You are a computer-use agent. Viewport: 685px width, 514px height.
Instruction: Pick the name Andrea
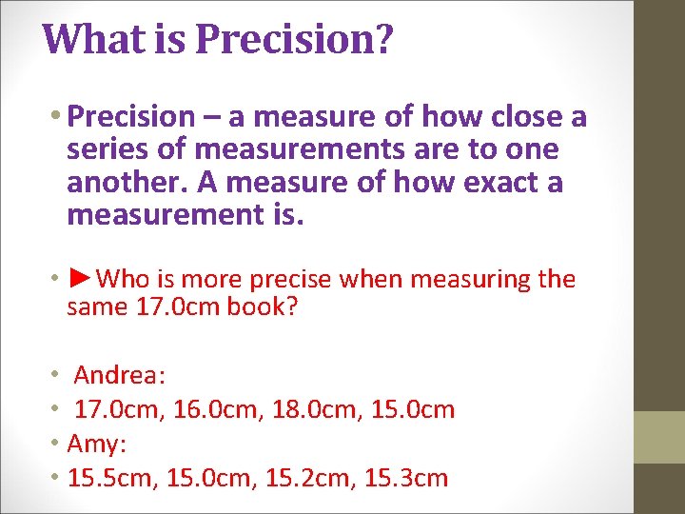[120, 375]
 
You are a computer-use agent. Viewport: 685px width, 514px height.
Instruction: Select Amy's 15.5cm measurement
[113, 478]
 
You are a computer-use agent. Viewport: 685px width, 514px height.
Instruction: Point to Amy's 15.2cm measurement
[306, 478]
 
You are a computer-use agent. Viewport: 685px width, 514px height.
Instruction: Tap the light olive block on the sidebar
[659, 436]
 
